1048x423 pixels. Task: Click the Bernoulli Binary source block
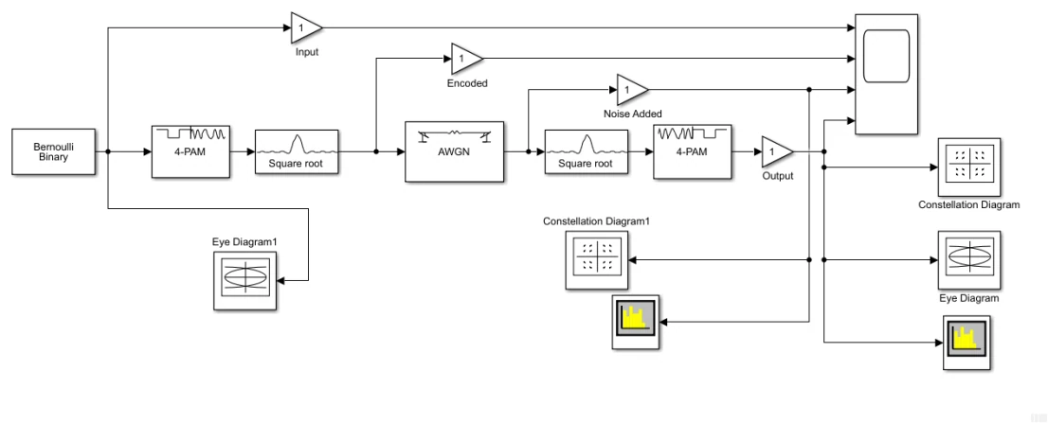coord(53,152)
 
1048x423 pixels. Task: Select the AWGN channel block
coord(455,151)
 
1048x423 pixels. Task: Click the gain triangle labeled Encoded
coord(467,59)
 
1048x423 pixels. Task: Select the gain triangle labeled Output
coord(778,152)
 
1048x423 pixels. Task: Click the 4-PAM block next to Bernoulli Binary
coord(191,151)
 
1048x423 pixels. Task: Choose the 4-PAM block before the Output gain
coord(693,151)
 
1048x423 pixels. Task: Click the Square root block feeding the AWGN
coord(298,152)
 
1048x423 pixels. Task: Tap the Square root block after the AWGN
coord(587,152)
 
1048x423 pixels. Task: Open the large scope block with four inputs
coord(886,74)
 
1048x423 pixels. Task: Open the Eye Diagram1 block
coord(245,281)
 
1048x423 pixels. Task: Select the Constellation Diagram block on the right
coord(969,167)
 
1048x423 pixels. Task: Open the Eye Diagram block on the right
coord(969,261)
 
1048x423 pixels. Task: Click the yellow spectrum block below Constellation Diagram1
coord(636,323)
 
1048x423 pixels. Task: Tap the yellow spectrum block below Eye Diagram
coord(967,343)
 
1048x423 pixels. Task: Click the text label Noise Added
coord(632,115)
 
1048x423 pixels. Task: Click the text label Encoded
coord(467,83)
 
